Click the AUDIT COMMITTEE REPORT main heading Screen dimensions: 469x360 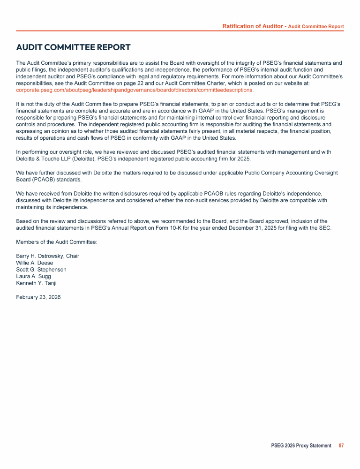pos(73,47)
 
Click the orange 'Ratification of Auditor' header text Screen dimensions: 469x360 pos(252,26)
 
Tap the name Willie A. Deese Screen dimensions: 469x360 pos(35,263)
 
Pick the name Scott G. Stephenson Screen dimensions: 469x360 pos(41,270)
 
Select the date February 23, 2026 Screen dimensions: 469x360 pos(38,297)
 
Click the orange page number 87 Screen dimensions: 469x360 pos(341,446)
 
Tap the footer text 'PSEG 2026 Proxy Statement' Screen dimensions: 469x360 pos(301,446)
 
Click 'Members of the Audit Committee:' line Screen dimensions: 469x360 pos(56,242)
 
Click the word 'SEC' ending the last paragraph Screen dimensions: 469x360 pos(325,228)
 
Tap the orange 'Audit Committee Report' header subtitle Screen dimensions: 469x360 pos(316,27)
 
